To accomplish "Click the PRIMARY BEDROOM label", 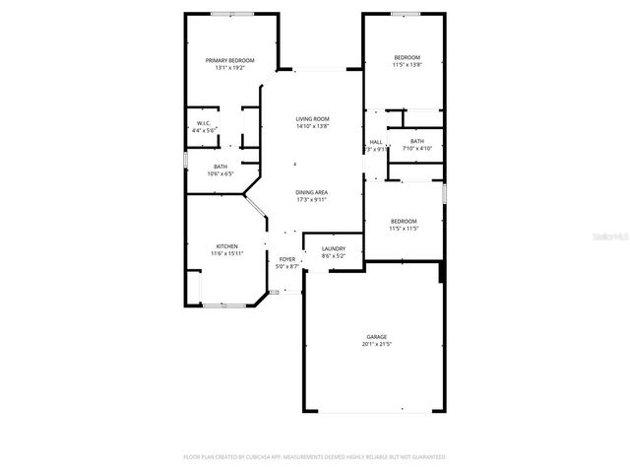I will coord(224,60).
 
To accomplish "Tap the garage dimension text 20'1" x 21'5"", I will coord(376,345).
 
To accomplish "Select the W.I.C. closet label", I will coord(200,123).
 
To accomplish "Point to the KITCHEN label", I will coord(226,246).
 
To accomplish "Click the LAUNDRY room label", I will coord(333,248).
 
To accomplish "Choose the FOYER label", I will coord(286,259).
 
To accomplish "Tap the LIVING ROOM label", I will coord(312,119).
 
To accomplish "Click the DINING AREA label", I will coord(312,192).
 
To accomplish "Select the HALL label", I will coord(376,142).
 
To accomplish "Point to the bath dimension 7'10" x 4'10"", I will coord(417,148).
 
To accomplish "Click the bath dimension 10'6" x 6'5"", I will coord(220,173).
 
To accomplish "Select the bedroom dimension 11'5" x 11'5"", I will coord(404,228).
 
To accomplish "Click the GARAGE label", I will coord(376,337).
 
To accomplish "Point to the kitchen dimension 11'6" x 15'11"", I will coord(226,253).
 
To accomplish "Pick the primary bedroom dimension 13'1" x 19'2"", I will coord(224,67).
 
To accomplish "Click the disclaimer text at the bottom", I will coord(315,457).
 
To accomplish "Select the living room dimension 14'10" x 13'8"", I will coord(312,126).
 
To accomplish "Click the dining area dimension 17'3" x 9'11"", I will coord(312,199).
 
